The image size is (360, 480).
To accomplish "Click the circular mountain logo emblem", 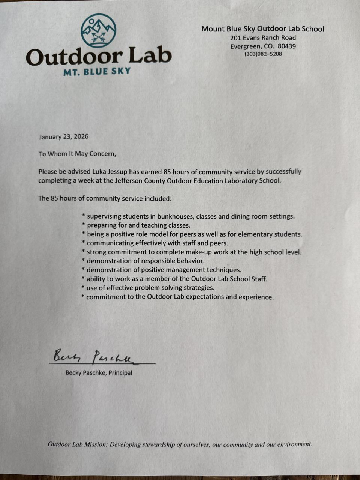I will point(99,31).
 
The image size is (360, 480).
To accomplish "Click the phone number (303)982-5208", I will point(263,54).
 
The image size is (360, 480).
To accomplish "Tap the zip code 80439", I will point(286,46).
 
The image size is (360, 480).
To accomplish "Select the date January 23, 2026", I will point(64,136).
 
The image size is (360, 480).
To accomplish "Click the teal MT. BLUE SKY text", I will point(97,71).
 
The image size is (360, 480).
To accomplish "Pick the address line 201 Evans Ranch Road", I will point(263,38).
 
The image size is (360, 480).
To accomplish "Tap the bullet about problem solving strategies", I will point(150,288).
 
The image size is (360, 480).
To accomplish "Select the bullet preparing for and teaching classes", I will point(138,225).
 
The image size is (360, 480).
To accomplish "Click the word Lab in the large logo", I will point(150,56).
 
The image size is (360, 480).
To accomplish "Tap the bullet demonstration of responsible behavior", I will point(145,261).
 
